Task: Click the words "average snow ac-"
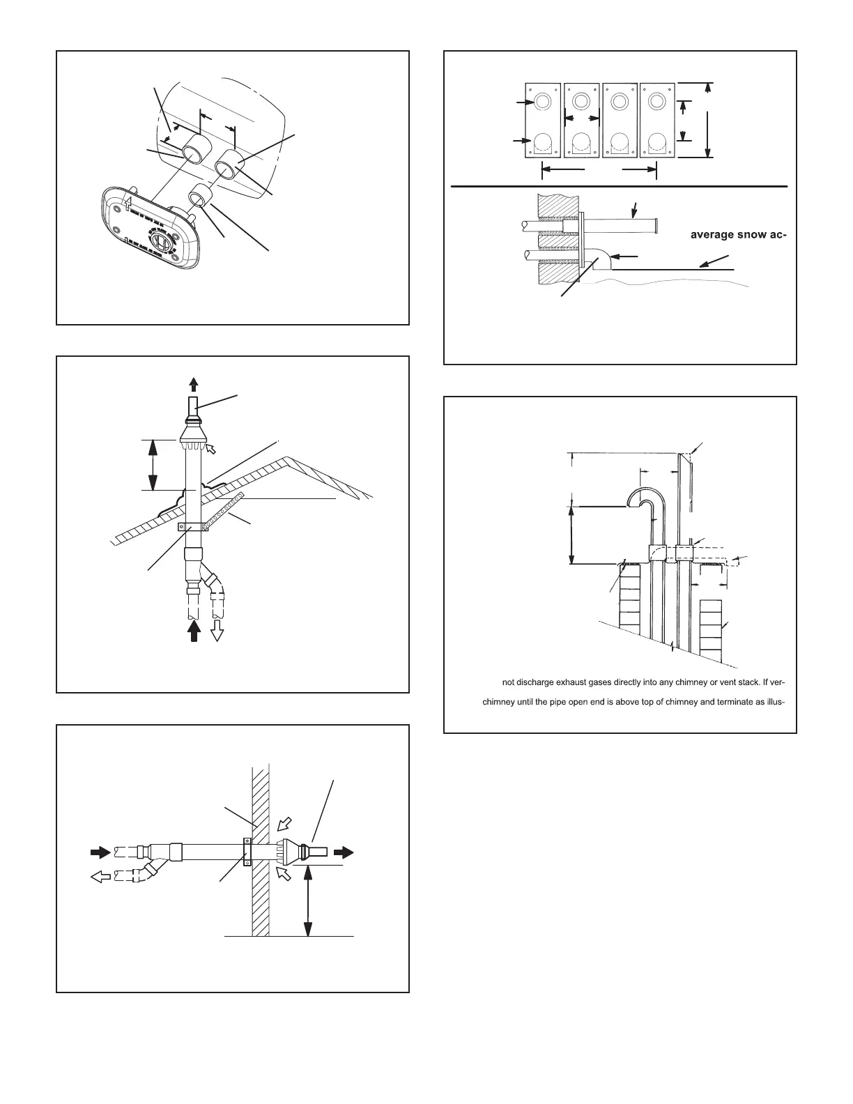click(738, 235)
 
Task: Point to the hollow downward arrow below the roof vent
click(217, 631)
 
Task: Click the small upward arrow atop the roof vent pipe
click(194, 385)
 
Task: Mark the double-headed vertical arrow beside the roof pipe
click(153, 465)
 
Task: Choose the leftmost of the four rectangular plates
click(544, 121)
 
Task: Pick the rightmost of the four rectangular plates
click(656, 121)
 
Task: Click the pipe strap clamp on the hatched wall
click(247, 852)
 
